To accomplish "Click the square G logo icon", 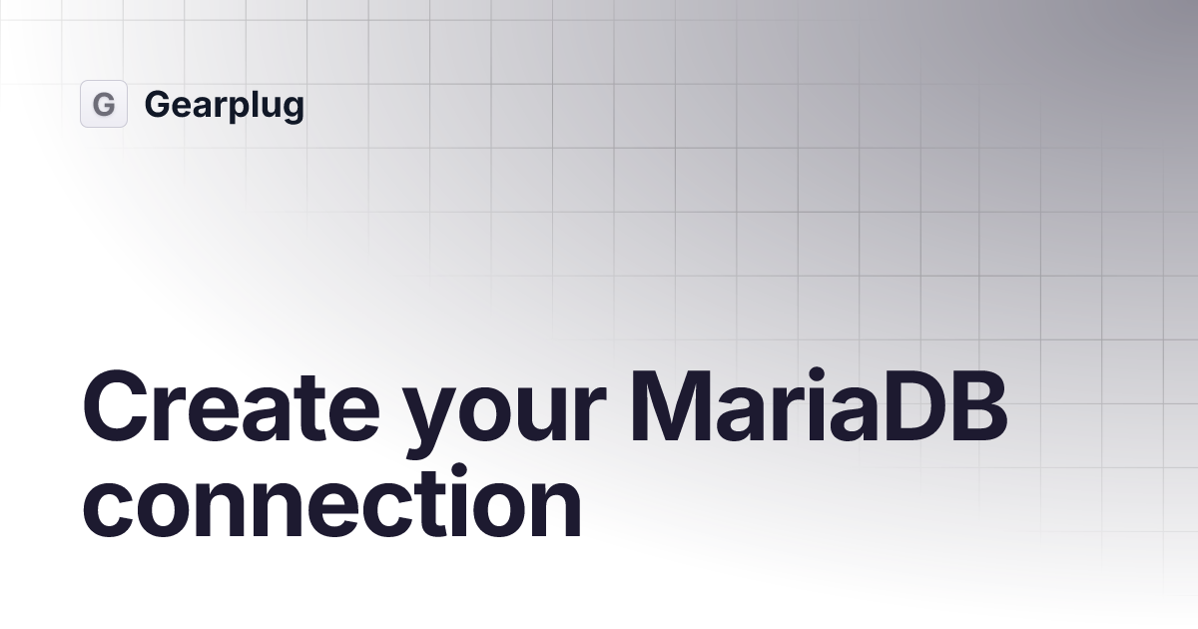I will point(104,104).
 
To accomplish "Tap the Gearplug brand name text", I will point(224,105).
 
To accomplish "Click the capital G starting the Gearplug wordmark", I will point(157,104).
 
